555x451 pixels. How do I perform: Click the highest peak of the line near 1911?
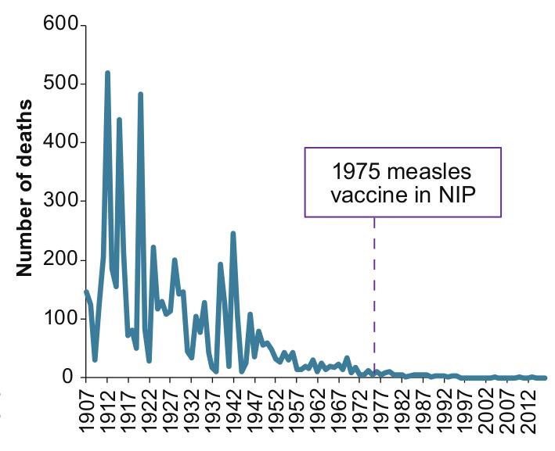[107, 73]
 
